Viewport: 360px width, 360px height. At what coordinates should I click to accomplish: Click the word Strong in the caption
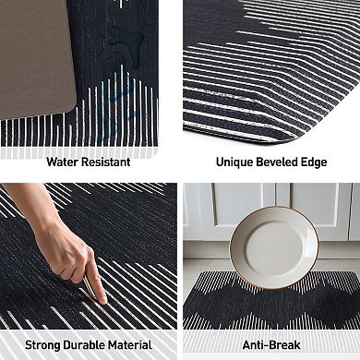44,344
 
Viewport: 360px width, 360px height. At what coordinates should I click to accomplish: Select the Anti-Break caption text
271,344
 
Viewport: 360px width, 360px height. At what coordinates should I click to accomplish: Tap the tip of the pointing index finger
101,301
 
